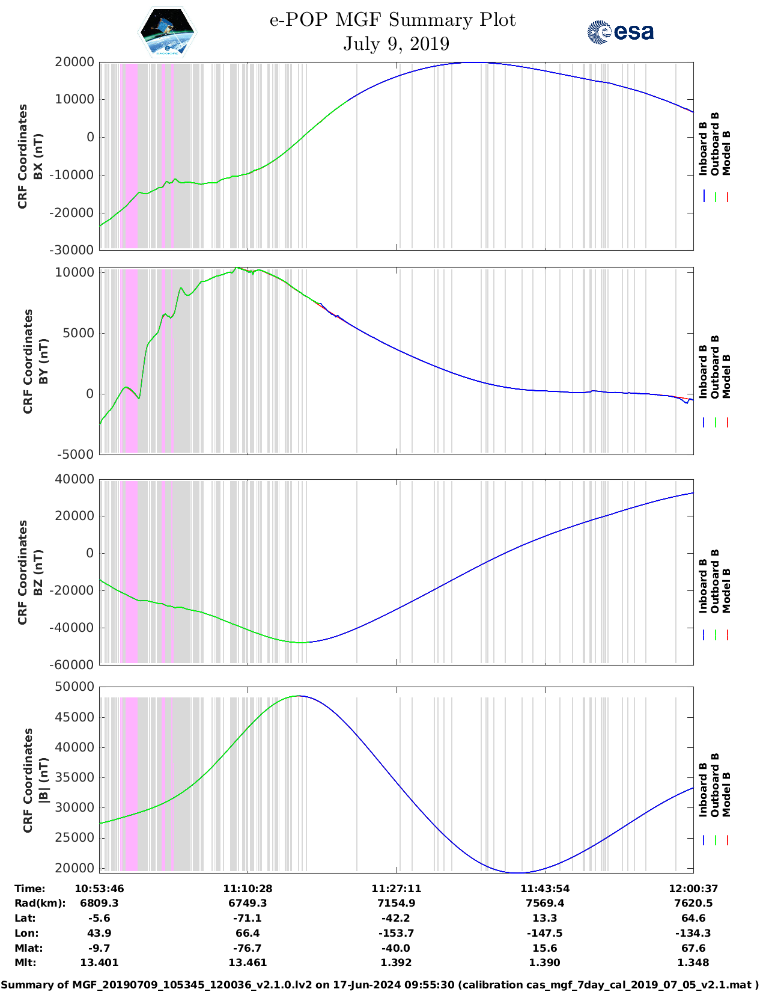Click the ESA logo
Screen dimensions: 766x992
click(620, 32)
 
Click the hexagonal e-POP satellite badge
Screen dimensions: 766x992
click(167, 32)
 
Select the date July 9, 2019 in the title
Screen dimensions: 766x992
click(396, 44)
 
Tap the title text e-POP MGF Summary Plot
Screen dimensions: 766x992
click(392, 20)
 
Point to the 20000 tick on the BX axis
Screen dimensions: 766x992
click(74, 62)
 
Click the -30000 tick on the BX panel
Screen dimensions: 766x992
click(71, 250)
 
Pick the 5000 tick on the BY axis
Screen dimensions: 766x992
click(79, 333)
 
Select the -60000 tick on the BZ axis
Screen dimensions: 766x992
click(71, 665)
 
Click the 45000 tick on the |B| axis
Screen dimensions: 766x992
click(74, 717)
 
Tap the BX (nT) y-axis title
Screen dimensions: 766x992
click(38, 156)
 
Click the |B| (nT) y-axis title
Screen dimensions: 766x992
click(43, 780)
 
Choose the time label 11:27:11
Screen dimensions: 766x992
click(396, 889)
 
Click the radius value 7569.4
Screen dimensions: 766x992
click(545, 903)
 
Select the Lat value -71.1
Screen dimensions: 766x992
click(248, 918)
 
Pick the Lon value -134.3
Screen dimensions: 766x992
click(693, 933)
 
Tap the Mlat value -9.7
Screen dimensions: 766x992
click(99, 948)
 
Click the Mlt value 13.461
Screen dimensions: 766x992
click(248, 963)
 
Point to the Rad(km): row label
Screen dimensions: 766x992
click(40, 903)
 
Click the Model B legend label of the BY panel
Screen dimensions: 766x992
click(726, 376)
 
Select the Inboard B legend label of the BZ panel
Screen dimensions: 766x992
click(703, 586)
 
